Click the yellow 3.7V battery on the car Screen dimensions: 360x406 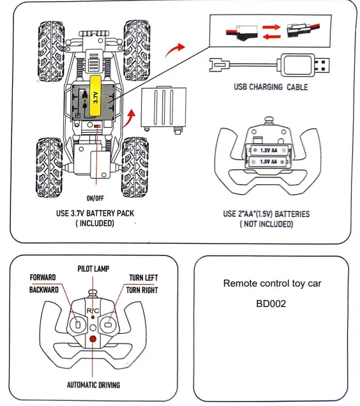[x=95, y=96]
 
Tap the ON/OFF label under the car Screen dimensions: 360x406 [x=95, y=199]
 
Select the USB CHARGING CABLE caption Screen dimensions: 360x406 [x=271, y=87]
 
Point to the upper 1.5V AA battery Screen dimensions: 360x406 [x=269, y=150]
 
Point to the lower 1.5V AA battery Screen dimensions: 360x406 [x=268, y=162]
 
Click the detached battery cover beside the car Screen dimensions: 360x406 [x=163, y=109]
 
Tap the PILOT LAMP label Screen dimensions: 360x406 [x=93, y=269]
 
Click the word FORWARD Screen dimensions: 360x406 [x=43, y=278]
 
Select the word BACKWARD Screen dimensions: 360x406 [x=44, y=290]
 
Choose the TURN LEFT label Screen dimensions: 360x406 [x=144, y=278]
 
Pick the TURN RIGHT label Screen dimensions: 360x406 [x=142, y=290]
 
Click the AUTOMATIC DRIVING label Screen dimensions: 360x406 [x=93, y=385]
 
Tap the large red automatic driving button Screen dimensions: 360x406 [x=93, y=339]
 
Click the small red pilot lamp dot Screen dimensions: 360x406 [x=93, y=317]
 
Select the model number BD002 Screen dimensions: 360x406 [x=271, y=304]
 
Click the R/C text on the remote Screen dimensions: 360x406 [x=93, y=310]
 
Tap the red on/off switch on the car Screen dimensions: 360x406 [x=97, y=126]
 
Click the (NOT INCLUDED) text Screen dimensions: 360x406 [x=266, y=224]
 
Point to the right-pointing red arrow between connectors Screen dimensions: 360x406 [x=271, y=27]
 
